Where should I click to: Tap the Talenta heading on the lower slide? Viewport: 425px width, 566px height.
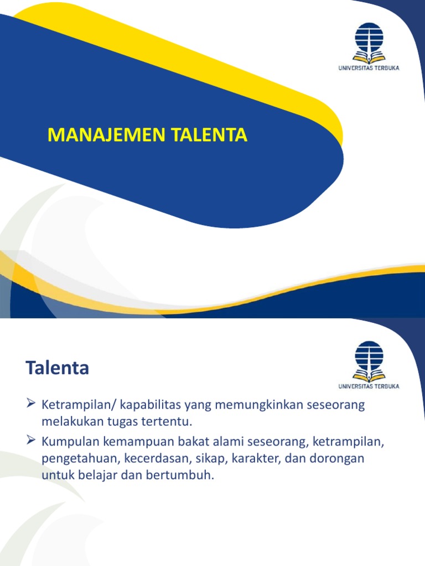point(57,368)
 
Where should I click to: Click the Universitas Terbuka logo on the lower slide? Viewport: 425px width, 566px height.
point(369,361)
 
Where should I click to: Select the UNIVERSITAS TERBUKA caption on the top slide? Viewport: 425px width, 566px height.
point(369,68)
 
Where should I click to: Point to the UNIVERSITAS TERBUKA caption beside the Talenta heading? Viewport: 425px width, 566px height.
point(369,386)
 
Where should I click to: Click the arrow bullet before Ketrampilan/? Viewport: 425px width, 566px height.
point(31,405)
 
